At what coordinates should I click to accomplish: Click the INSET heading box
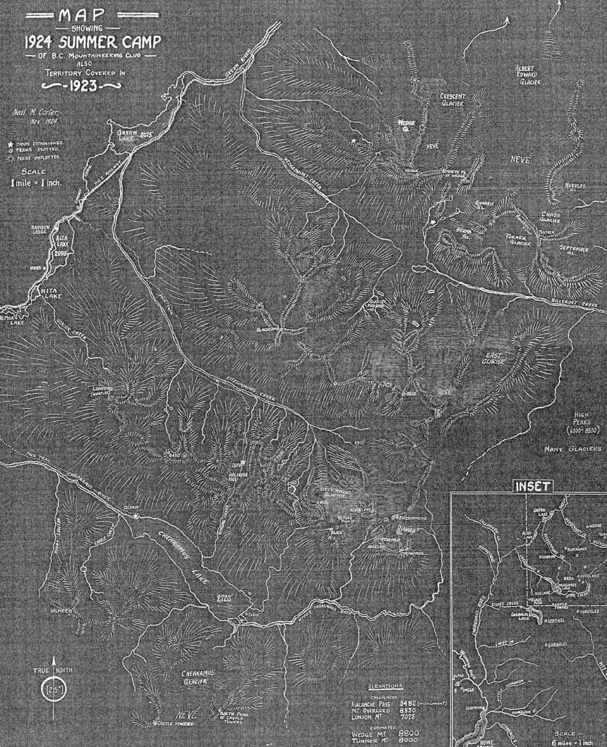click(x=532, y=486)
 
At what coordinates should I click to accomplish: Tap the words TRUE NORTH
click(x=54, y=670)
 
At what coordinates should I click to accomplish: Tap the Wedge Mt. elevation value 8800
click(x=426, y=731)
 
